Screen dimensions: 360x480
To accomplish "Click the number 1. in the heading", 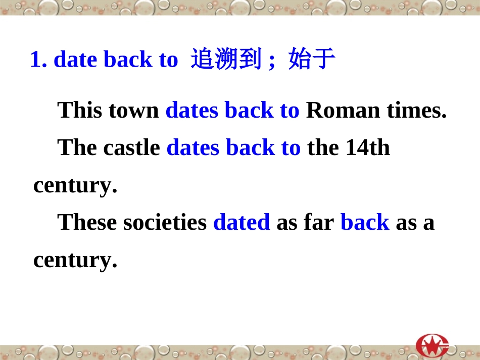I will click(39, 60).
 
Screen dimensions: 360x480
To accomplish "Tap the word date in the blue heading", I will click(75, 60).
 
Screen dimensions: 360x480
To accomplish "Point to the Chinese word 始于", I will click(312, 60).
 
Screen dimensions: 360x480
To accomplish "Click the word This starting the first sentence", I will click(82, 110).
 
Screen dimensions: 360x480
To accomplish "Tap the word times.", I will click(417, 110).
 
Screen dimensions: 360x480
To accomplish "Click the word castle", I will click(131, 147).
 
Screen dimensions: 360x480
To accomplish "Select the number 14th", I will click(368, 147).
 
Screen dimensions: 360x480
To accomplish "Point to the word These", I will click(87, 222).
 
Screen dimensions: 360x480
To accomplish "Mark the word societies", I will click(165, 222).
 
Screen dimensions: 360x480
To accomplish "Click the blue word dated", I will click(242, 222).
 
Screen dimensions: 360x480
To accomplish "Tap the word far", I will click(319, 222).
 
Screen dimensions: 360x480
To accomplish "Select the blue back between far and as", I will click(365, 222).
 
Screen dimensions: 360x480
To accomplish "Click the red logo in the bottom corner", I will click(433, 345).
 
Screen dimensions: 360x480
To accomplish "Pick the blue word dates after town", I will click(192, 110).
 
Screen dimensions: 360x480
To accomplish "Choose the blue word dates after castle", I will click(193, 147).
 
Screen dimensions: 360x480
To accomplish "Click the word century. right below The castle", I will click(75, 185).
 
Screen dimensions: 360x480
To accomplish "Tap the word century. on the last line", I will click(75, 260).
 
